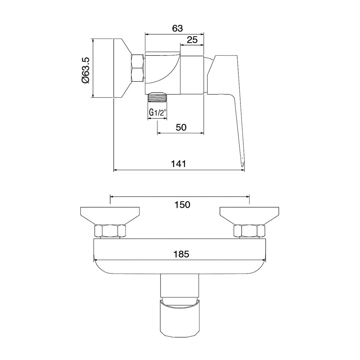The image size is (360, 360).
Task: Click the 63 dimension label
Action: point(177,28)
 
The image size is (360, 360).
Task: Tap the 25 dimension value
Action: point(192,40)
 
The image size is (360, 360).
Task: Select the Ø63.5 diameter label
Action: point(85,70)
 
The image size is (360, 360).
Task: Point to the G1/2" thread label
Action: point(158,112)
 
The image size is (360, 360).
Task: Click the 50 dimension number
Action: point(181,127)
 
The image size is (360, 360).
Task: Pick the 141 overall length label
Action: point(179,164)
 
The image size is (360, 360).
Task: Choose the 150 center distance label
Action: point(182,204)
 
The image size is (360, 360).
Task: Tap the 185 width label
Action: point(181,254)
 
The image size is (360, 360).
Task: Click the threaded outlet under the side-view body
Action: point(157,97)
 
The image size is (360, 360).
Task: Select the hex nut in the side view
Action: point(138,68)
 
